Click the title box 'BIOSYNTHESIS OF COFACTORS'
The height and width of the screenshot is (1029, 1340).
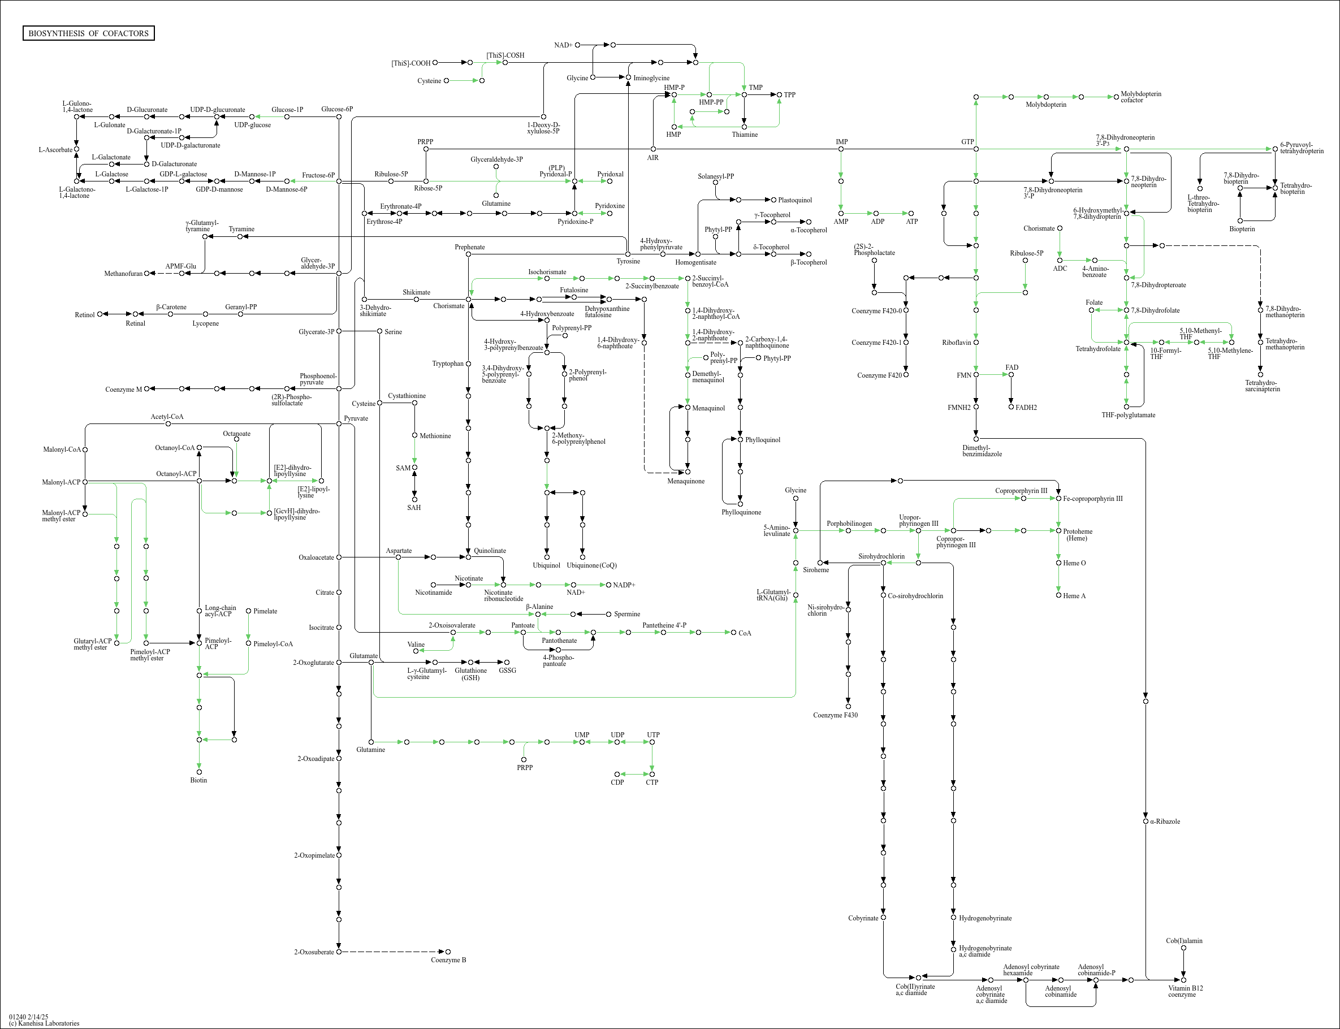[88, 33]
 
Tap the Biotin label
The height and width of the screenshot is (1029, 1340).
[198, 780]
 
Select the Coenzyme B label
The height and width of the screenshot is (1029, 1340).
[448, 960]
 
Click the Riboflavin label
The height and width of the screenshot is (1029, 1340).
[956, 343]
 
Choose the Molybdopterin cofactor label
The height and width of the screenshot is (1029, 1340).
[1140, 97]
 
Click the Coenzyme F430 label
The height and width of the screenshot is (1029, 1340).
[835, 715]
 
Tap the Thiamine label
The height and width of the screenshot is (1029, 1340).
[745, 135]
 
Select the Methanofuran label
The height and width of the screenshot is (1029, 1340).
[123, 274]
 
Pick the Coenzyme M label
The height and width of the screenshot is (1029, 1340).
[123, 390]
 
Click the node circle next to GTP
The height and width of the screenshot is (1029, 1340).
[976, 149]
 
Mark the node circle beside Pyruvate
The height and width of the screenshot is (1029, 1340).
[339, 424]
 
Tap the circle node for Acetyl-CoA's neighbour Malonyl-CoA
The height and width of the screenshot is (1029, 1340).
[85, 449]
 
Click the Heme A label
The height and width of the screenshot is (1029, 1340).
[1074, 596]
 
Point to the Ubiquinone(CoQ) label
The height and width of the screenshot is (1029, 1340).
[591, 565]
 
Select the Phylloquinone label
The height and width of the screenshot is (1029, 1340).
[741, 512]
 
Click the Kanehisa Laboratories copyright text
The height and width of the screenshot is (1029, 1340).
[44, 1023]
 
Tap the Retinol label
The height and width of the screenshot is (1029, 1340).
[85, 315]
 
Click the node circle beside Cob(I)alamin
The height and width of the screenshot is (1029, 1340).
[1184, 948]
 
